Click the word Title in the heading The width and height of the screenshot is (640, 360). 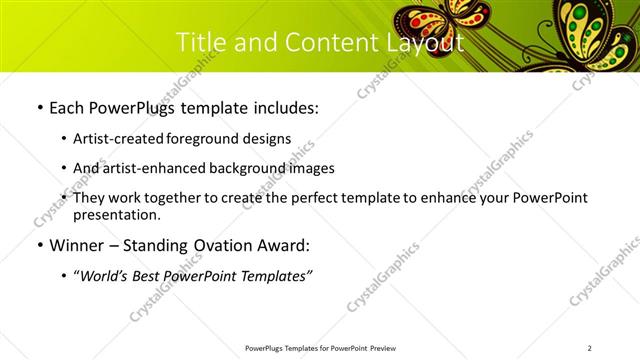pyautogui.click(x=200, y=43)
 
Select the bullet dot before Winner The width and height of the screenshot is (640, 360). pyautogui.click(x=38, y=245)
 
